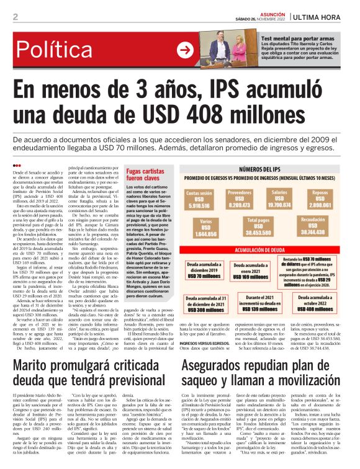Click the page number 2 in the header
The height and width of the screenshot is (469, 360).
tap(15, 17)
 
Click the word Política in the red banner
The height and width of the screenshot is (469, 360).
tap(64, 50)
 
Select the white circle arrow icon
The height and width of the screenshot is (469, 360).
tap(184, 50)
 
